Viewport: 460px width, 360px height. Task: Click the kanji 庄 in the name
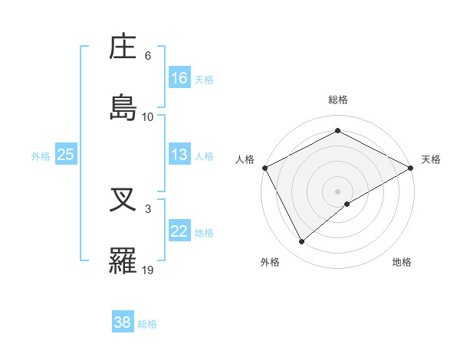[123, 48]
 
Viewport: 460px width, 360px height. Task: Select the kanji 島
[123, 107]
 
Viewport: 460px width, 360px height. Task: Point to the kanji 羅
[123, 260]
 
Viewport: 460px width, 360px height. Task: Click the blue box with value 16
[179, 77]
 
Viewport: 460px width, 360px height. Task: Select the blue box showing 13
[179, 155]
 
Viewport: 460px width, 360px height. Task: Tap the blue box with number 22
[179, 231]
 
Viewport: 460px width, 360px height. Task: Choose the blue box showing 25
[66, 155]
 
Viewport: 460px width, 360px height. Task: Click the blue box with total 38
[123, 322]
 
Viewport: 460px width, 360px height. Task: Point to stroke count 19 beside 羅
[148, 270]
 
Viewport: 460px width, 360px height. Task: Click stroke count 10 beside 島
[148, 116]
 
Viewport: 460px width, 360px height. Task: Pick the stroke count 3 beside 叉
[148, 208]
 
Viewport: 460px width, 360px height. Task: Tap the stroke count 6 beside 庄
[148, 56]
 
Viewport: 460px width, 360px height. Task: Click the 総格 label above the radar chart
[338, 100]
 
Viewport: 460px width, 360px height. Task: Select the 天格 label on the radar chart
[432, 159]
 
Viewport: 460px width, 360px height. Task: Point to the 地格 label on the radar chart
[402, 262]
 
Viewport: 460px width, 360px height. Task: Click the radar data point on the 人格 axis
[264, 167]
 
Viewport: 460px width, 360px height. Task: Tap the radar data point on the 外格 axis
[302, 242]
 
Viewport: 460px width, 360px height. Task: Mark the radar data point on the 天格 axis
[411, 168]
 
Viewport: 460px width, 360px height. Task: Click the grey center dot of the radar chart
[338, 191]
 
